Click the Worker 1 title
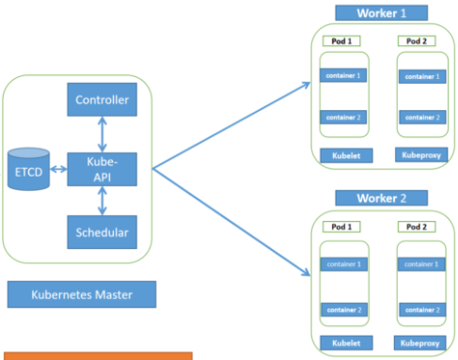pos(380,13)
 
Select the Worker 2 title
pos(380,198)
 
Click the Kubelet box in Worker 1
pos(340,154)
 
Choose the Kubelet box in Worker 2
pos(340,342)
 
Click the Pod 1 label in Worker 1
pos(340,41)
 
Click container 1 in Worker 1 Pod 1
pos(340,74)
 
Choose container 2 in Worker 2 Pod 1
pos(340,309)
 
